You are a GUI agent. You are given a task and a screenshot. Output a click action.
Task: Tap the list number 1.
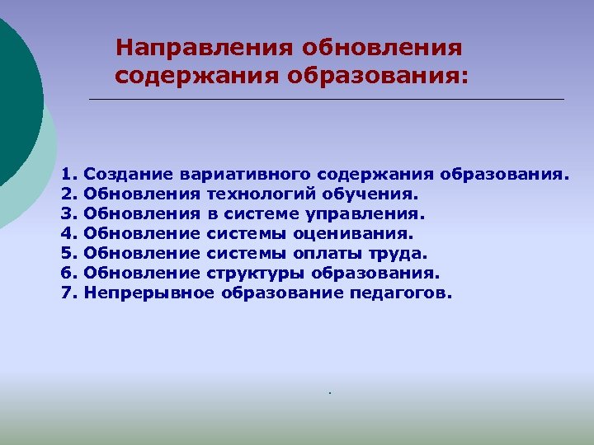pyautogui.click(x=68, y=175)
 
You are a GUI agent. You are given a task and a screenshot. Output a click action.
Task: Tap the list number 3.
pyautogui.click(x=68, y=214)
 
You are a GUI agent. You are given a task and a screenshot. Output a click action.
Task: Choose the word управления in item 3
pyautogui.click(x=370, y=214)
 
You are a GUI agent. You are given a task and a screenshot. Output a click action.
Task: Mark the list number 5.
pyautogui.click(x=68, y=253)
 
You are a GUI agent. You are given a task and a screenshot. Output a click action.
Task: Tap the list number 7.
pyautogui.click(x=68, y=293)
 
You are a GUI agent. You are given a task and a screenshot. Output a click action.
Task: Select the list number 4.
pyautogui.click(x=68, y=234)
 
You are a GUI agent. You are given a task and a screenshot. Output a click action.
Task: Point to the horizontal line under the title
pyautogui.click(x=326, y=100)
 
